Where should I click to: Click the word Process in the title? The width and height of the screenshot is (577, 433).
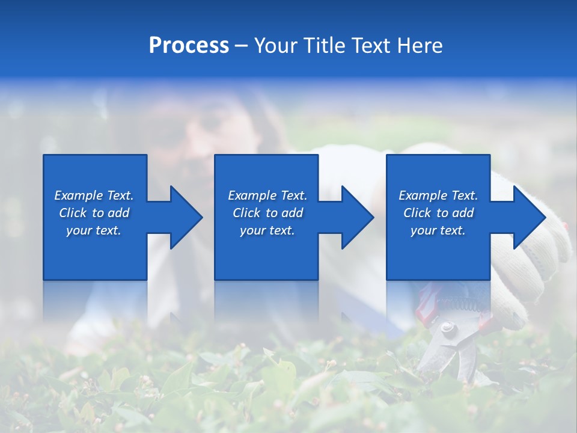[189, 45]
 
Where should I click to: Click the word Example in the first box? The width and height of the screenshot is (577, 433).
[78, 195]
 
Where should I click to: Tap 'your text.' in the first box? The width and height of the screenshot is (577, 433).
[94, 230]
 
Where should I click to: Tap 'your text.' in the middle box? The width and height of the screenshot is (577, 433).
[267, 230]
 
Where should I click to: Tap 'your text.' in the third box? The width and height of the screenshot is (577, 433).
[438, 230]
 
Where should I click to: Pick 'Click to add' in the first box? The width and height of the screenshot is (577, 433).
[94, 213]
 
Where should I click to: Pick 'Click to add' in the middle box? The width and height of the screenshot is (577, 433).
[267, 213]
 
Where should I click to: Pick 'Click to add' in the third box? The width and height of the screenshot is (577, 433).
[438, 213]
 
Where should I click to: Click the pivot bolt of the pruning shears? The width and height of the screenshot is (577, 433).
[447, 328]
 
